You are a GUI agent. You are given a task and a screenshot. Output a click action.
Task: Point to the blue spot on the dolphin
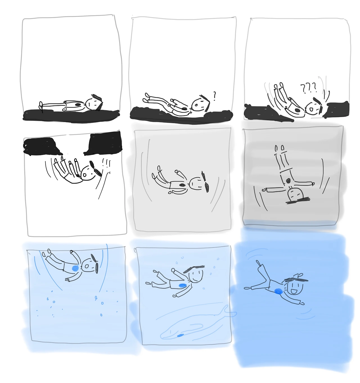(180, 336)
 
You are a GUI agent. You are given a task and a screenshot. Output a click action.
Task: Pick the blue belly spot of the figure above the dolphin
(182, 285)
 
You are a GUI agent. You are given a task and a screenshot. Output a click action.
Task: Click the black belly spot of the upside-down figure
(288, 181)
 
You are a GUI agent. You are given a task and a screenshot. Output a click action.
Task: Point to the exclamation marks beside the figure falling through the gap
(106, 163)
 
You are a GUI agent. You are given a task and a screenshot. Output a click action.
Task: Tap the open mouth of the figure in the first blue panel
(87, 266)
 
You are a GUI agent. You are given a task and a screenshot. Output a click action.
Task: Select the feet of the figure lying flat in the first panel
(41, 106)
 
